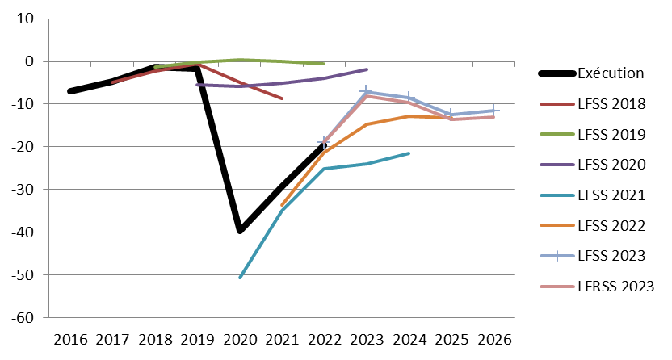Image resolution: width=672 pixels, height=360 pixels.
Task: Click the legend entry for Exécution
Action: [610, 73]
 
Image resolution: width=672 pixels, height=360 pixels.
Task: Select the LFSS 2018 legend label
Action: [611, 104]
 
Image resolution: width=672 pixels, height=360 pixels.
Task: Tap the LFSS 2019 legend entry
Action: [611, 134]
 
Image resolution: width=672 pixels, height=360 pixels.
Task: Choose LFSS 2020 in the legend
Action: [611, 165]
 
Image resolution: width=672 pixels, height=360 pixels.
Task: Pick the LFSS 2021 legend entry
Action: [611, 195]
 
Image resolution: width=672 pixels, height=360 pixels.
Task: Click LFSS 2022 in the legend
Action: [611, 225]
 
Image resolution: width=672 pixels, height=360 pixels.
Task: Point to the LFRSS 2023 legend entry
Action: [615, 286]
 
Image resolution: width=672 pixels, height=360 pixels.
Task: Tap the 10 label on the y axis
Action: [33, 19]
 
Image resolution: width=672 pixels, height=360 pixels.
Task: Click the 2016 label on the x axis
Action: [70, 339]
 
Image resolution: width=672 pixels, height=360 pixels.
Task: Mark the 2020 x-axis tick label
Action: [240, 339]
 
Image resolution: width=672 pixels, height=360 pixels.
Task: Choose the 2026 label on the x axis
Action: [493, 339]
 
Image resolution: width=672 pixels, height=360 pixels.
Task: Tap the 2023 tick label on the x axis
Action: [367, 339]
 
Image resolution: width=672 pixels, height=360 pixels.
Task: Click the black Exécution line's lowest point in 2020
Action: [240, 232]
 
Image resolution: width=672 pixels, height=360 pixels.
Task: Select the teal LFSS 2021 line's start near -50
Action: [240, 278]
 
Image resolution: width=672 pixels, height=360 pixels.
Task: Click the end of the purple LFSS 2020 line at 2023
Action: [367, 69]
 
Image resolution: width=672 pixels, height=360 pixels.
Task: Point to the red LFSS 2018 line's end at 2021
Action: [282, 98]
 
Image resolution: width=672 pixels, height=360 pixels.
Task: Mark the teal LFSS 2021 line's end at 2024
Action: [409, 153]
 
